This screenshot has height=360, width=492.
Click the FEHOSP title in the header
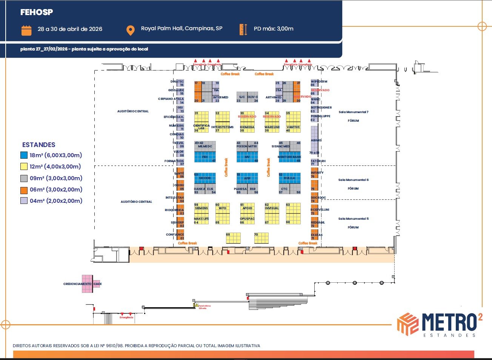(x=37, y=12)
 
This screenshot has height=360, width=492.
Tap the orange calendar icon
(x=26, y=30)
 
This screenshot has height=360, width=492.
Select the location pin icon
(x=130, y=31)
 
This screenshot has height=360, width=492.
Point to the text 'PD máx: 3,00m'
(x=274, y=29)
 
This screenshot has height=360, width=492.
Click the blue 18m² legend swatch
(x=24, y=155)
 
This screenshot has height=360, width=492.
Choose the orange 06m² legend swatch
(x=24, y=190)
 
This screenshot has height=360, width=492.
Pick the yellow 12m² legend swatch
(x=24, y=167)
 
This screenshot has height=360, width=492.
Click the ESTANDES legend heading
(x=38, y=145)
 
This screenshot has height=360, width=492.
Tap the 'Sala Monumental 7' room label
(x=353, y=112)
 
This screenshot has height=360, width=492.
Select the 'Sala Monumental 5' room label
(x=353, y=219)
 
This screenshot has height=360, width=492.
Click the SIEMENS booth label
(x=201, y=208)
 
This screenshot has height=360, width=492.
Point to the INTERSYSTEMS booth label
(x=222, y=127)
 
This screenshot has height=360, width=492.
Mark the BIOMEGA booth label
(x=247, y=127)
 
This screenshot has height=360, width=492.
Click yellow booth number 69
(x=233, y=238)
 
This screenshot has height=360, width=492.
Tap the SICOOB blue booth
(x=205, y=178)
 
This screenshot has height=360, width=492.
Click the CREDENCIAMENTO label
(x=77, y=284)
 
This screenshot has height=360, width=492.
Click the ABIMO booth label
(x=316, y=140)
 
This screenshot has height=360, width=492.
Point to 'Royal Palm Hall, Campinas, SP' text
(x=181, y=29)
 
